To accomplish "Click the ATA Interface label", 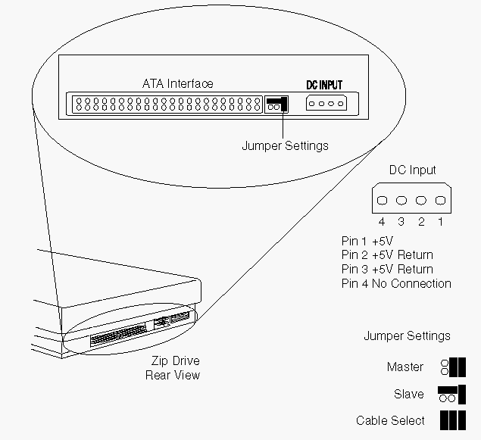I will point(177,84).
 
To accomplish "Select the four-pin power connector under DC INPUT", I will point(326,104).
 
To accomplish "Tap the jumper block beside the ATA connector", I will point(274,104).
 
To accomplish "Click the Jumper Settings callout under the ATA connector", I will point(285,145).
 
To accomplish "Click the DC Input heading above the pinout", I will point(412,170).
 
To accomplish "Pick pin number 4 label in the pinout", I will point(382,223).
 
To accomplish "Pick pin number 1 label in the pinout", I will point(439,223).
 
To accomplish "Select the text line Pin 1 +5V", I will point(367,241).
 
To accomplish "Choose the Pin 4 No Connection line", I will point(395,284).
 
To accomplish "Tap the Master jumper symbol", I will point(452,367).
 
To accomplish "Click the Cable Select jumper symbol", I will point(452,420).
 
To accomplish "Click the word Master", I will point(405,367).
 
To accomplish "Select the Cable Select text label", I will point(390,420).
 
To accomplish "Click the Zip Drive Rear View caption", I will point(173,368).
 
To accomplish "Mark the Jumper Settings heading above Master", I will point(407,336).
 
